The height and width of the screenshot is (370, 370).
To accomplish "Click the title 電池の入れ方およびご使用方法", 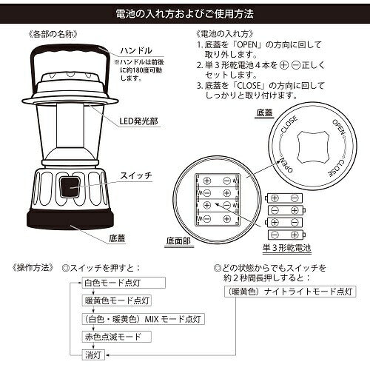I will click(x=185, y=13).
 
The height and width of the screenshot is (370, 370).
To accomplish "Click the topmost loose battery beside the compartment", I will click(x=285, y=198).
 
